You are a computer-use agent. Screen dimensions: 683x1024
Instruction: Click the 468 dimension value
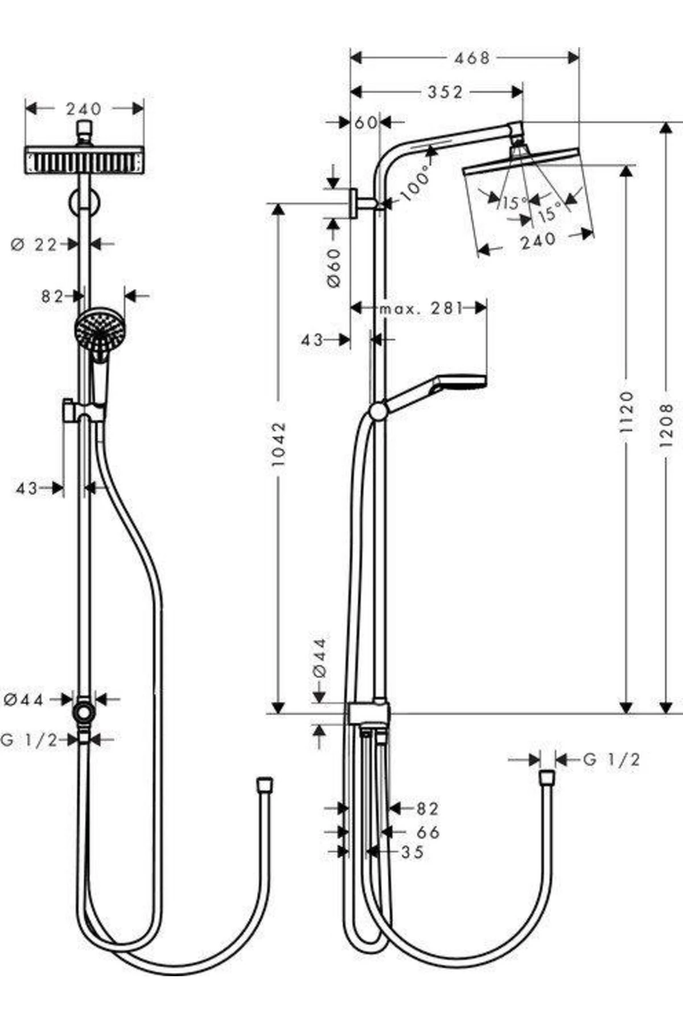472,57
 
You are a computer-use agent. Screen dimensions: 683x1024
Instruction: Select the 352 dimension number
445,92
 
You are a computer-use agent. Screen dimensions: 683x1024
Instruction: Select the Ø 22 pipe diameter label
34,245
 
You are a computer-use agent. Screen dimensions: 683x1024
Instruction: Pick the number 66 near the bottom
428,832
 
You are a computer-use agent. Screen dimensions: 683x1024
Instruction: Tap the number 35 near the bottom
412,852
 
